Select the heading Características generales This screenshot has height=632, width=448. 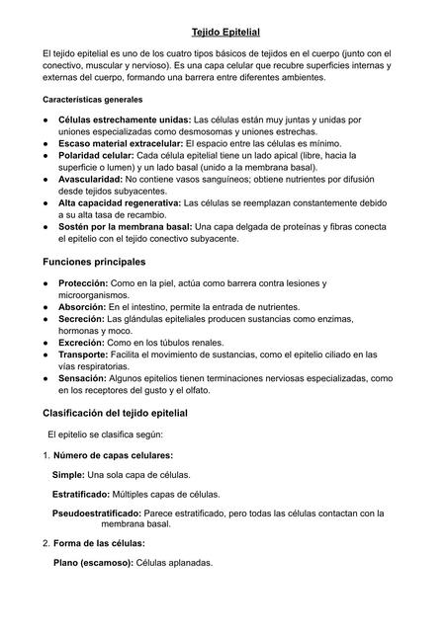(x=92, y=100)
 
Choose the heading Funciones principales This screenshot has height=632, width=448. (x=94, y=262)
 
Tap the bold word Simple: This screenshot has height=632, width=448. (x=68, y=475)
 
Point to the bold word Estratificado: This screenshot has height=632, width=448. (x=81, y=494)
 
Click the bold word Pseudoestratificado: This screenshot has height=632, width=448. (x=96, y=513)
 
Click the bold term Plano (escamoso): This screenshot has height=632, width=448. (x=93, y=563)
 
